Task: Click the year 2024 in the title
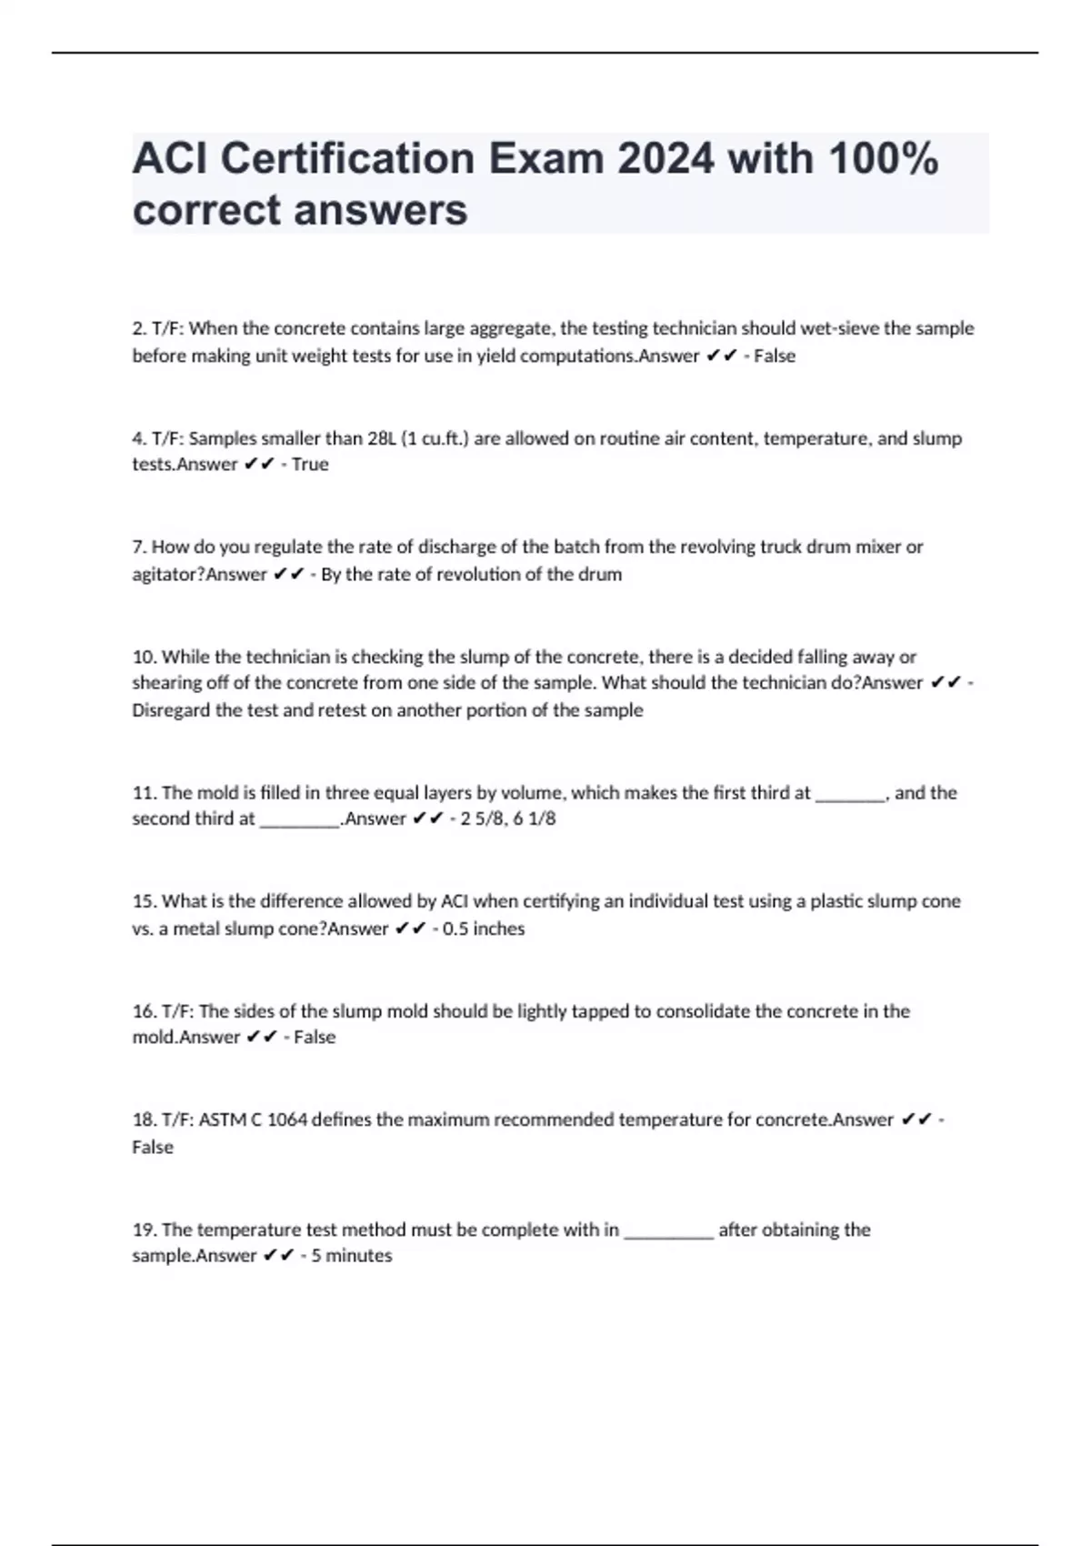[666, 159]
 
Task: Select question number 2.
[139, 328]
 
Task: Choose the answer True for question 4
[310, 465]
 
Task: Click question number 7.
[139, 547]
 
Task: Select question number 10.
[144, 657]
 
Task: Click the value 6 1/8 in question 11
[535, 818]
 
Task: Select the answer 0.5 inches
[484, 929]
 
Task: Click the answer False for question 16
[315, 1038]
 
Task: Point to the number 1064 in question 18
[287, 1120]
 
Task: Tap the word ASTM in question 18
[223, 1120]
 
